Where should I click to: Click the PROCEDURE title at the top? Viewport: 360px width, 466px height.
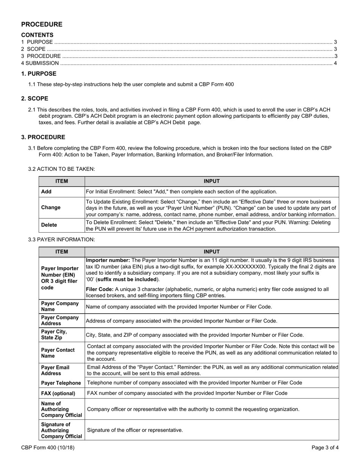click(42, 25)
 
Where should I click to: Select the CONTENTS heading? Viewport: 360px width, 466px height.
click(37, 35)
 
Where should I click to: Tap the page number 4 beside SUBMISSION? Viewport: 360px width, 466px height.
click(335, 63)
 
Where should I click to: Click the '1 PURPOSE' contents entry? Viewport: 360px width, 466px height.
click(37, 42)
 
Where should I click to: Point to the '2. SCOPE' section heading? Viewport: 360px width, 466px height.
click(35, 99)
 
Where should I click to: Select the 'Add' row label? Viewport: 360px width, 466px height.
click(46, 192)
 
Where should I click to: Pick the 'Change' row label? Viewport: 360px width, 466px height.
click(51, 208)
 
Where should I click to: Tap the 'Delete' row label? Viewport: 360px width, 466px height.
click(49, 225)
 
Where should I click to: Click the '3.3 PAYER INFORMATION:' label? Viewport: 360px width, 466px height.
click(61, 239)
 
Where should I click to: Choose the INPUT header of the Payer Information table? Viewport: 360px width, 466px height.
click(211, 252)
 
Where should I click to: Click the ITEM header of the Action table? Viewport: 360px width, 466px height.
click(61, 181)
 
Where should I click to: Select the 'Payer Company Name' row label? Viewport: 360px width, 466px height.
click(60, 306)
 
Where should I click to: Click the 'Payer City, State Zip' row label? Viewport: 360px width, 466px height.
click(54, 335)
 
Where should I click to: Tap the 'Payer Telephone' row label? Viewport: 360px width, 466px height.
click(61, 383)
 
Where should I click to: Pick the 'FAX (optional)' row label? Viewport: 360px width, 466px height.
click(58, 393)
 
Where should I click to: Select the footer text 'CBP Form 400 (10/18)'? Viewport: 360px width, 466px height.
click(48, 448)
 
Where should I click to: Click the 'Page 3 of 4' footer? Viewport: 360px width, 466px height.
click(325, 448)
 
